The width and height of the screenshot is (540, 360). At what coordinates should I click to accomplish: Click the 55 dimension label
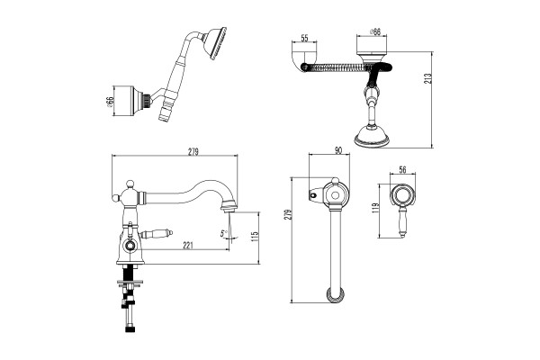click(x=304, y=38)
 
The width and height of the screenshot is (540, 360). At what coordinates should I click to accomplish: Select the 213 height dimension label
click(x=428, y=80)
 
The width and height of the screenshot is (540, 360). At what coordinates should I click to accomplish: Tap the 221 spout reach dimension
click(x=188, y=246)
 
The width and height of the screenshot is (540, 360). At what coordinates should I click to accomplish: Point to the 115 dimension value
click(x=255, y=238)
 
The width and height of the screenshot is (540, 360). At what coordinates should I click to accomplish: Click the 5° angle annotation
click(x=224, y=233)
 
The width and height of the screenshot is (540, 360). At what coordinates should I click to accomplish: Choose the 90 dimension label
click(x=338, y=150)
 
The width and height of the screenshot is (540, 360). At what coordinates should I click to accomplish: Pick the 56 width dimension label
click(x=402, y=169)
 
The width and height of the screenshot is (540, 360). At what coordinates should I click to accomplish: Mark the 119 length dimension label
click(x=375, y=209)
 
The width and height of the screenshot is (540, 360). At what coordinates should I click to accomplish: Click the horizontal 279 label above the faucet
click(x=193, y=151)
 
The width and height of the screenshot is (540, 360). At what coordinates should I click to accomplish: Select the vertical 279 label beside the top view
click(x=288, y=214)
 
